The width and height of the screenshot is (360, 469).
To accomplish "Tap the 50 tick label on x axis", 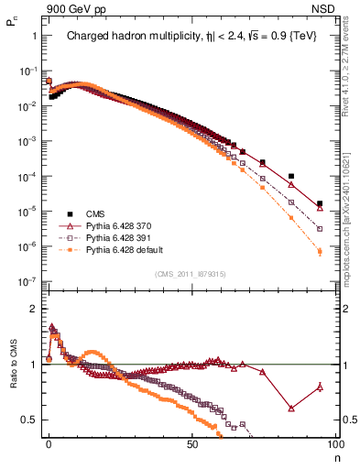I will (x=193, y=443).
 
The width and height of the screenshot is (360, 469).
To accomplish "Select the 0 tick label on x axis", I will (x=49, y=443).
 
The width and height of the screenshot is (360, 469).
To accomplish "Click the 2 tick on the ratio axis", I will (x=33, y=309).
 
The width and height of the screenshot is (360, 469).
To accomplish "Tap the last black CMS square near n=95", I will (x=320, y=204).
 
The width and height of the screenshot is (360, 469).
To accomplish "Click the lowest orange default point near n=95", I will (x=320, y=251).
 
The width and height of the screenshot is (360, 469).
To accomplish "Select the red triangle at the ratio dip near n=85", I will (x=291, y=409).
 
